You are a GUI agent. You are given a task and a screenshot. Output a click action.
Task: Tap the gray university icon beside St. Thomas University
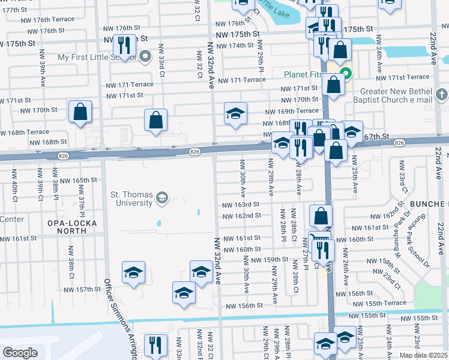coord(161,197)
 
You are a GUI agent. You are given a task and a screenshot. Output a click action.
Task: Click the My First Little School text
coord(96,58)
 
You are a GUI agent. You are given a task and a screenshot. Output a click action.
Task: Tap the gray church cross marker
coord(441,94)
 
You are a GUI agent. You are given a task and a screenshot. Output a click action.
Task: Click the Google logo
coord(20,353)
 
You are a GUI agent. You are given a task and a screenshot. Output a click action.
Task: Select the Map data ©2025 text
coord(423,355)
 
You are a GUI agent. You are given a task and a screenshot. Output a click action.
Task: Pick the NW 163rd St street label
coord(241,205)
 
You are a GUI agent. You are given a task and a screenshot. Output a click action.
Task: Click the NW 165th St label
coord(79,180)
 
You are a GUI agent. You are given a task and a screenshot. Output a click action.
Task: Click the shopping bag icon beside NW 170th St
coord(80,111)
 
